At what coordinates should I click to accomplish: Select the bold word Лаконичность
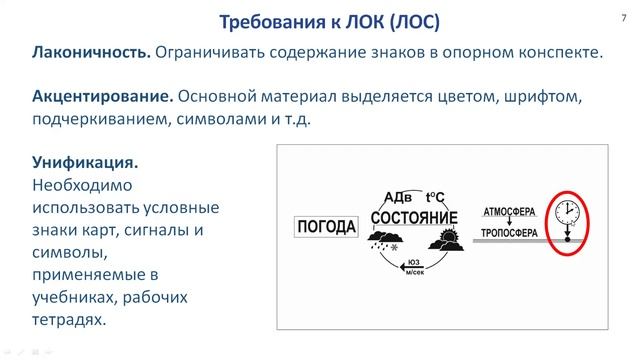point(92,53)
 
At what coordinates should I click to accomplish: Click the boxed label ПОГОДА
point(327,227)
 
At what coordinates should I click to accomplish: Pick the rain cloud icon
point(383,241)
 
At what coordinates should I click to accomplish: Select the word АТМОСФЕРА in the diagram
point(510,212)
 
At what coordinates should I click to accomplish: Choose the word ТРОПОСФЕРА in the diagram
point(510,234)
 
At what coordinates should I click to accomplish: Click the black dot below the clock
point(568,240)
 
